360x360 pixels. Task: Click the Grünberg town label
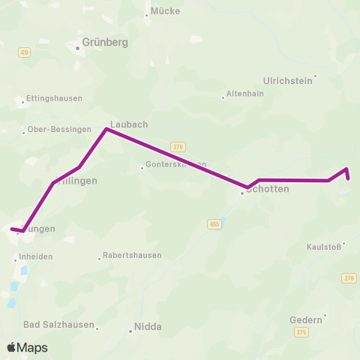pos(105,43)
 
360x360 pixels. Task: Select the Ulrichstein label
pos(287,80)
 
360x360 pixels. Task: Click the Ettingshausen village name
pos(54,98)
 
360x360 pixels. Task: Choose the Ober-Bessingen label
pos(59,129)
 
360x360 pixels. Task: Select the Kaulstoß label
pos(323,247)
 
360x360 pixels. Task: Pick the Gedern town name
pos(305,319)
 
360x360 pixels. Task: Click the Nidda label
pos(148,327)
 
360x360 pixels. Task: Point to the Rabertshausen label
pos(132,255)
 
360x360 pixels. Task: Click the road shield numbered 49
pos(24,52)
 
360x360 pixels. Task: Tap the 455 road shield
pos(214,224)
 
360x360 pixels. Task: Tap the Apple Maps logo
pos(26,347)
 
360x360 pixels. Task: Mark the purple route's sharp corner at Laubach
pos(106,129)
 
